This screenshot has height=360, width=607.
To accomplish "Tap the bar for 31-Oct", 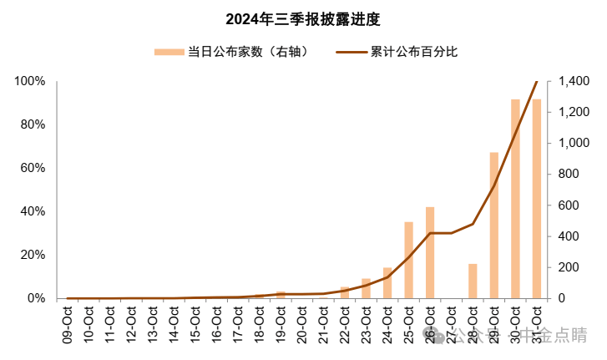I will click(x=536, y=199).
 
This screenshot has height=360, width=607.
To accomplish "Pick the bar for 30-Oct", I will click(x=515, y=199).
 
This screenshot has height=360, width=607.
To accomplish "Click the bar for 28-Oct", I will click(x=473, y=281).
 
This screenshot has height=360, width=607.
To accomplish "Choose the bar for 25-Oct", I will click(x=408, y=260).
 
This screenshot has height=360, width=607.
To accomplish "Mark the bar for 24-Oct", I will click(x=387, y=282).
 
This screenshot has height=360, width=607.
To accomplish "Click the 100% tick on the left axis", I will click(x=29, y=82).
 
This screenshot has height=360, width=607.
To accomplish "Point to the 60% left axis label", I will click(x=32, y=168).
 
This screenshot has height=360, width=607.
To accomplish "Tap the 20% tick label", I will click(x=32, y=255).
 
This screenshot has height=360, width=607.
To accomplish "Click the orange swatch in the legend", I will click(x=169, y=52).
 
